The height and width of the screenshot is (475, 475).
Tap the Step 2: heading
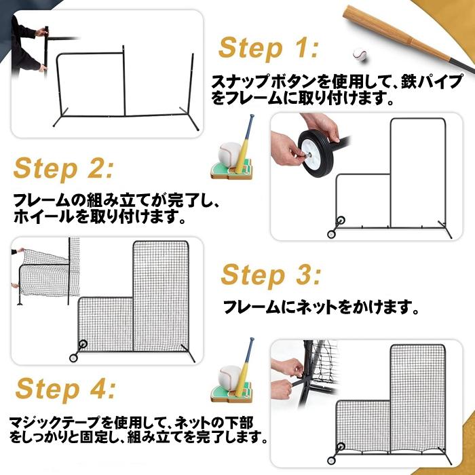pos(64,168)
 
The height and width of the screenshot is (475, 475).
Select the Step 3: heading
pos(271,275)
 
